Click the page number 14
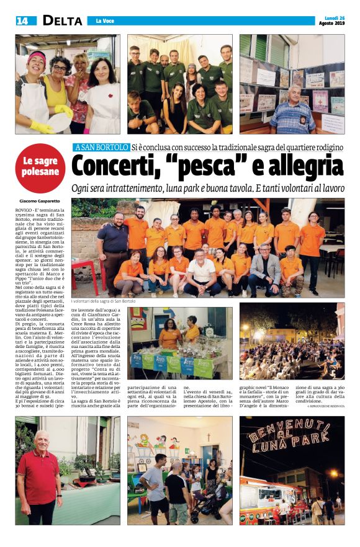(x=22, y=21)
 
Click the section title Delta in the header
(x=62, y=21)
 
